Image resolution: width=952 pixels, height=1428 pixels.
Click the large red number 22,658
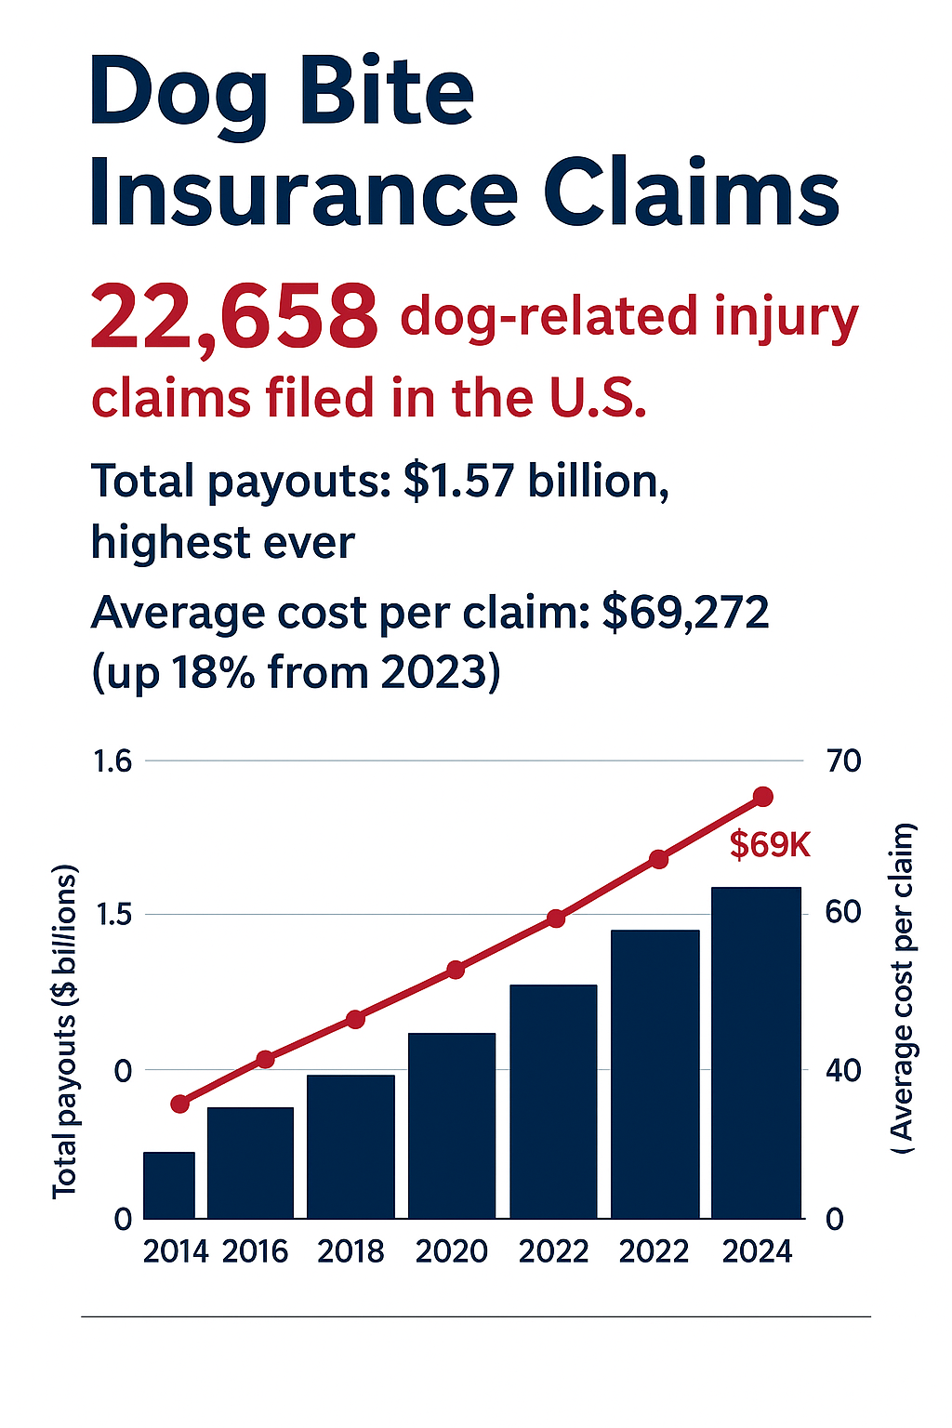[x=233, y=318]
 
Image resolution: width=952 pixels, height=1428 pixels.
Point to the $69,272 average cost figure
[x=685, y=613]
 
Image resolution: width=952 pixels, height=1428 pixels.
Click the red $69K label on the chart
[x=770, y=845]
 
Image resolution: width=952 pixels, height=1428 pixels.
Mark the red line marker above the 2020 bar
[x=456, y=970]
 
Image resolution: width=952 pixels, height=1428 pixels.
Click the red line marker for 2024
[x=763, y=797]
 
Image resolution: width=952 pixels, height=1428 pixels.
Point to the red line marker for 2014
[x=180, y=1104]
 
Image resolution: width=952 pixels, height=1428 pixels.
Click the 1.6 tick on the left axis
[x=113, y=761]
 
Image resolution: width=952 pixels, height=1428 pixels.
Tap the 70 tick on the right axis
[x=843, y=761]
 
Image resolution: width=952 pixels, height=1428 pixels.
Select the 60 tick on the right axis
[x=843, y=913]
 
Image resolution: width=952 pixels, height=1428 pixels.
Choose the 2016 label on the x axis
[x=255, y=1251]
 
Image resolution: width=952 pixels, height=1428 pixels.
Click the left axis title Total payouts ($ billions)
[x=65, y=1032]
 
